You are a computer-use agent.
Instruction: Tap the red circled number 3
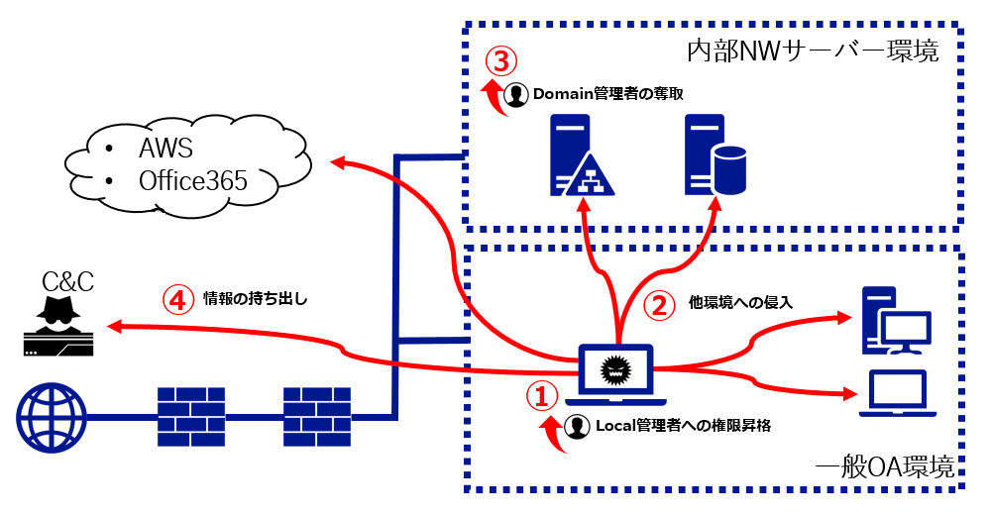coord(500,61)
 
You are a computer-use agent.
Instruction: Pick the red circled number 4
coord(177,299)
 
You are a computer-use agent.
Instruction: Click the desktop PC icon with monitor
coord(896,320)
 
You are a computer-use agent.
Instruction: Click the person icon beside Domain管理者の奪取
coord(516,94)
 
